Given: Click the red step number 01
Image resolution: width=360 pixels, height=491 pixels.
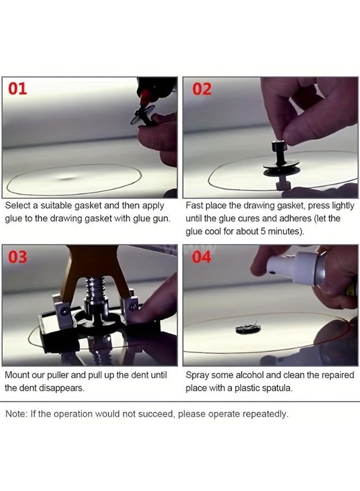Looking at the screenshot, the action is point(17,88).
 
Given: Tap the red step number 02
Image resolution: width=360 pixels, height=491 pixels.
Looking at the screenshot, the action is point(202,89).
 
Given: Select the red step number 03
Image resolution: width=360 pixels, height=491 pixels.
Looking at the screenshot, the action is point(17,257).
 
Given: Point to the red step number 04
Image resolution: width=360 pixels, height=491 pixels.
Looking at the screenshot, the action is point(201,257).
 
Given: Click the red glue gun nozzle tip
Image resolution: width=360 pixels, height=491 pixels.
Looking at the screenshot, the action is point(144,98).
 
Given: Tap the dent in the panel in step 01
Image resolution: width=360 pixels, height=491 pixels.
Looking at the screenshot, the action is point(67,178).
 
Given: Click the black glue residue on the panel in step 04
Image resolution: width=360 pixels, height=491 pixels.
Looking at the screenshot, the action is point(248,328).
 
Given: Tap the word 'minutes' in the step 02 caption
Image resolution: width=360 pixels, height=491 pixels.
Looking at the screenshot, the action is point(283,231).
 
